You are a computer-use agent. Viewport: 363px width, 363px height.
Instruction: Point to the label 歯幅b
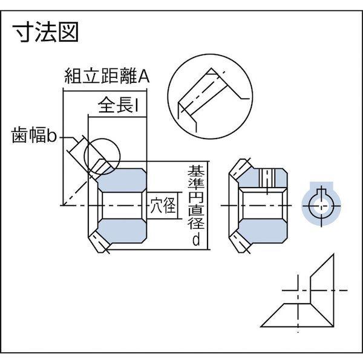click(34, 137)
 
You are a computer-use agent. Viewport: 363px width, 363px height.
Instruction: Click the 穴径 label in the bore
click(162, 206)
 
